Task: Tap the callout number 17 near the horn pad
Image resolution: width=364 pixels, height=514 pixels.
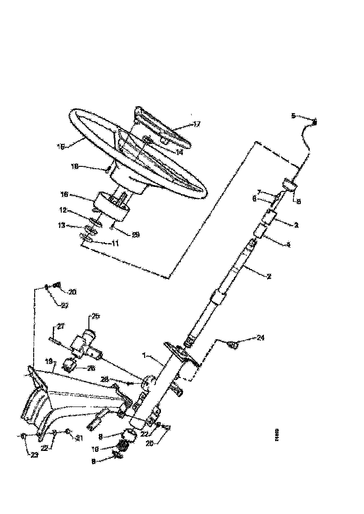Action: click(x=196, y=124)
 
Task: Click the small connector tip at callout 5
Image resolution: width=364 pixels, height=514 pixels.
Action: click(x=314, y=121)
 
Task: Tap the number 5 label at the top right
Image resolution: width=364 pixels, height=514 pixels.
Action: click(x=293, y=115)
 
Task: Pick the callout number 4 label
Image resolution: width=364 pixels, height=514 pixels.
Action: click(x=289, y=244)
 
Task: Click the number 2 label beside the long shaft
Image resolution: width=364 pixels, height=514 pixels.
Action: click(x=269, y=276)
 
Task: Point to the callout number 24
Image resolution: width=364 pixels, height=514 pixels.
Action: click(x=261, y=337)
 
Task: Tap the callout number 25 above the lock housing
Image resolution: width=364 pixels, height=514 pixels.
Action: click(x=95, y=316)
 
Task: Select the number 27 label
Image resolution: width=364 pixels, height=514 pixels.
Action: click(x=61, y=327)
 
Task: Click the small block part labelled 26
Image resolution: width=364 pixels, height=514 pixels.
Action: click(x=70, y=364)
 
